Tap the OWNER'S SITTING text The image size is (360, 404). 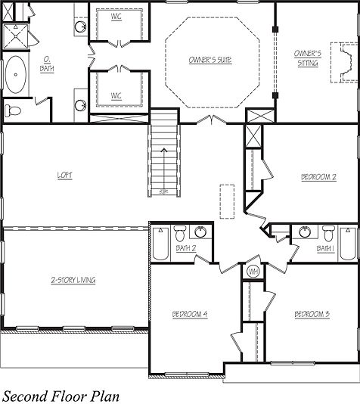pyautogui.click(x=308, y=58)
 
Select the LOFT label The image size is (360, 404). pyautogui.click(x=65, y=176)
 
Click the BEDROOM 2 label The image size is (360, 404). pyautogui.click(x=318, y=176)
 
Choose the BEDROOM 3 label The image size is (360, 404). pyautogui.click(x=312, y=313)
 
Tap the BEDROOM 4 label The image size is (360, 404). pyautogui.click(x=190, y=313)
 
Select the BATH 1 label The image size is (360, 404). pyautogui.click(x=325, y=247)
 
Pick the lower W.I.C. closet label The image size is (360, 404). pyautogui.click(x=116, y=95)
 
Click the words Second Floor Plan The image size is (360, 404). pyautogui.click(x=60, y=395)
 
